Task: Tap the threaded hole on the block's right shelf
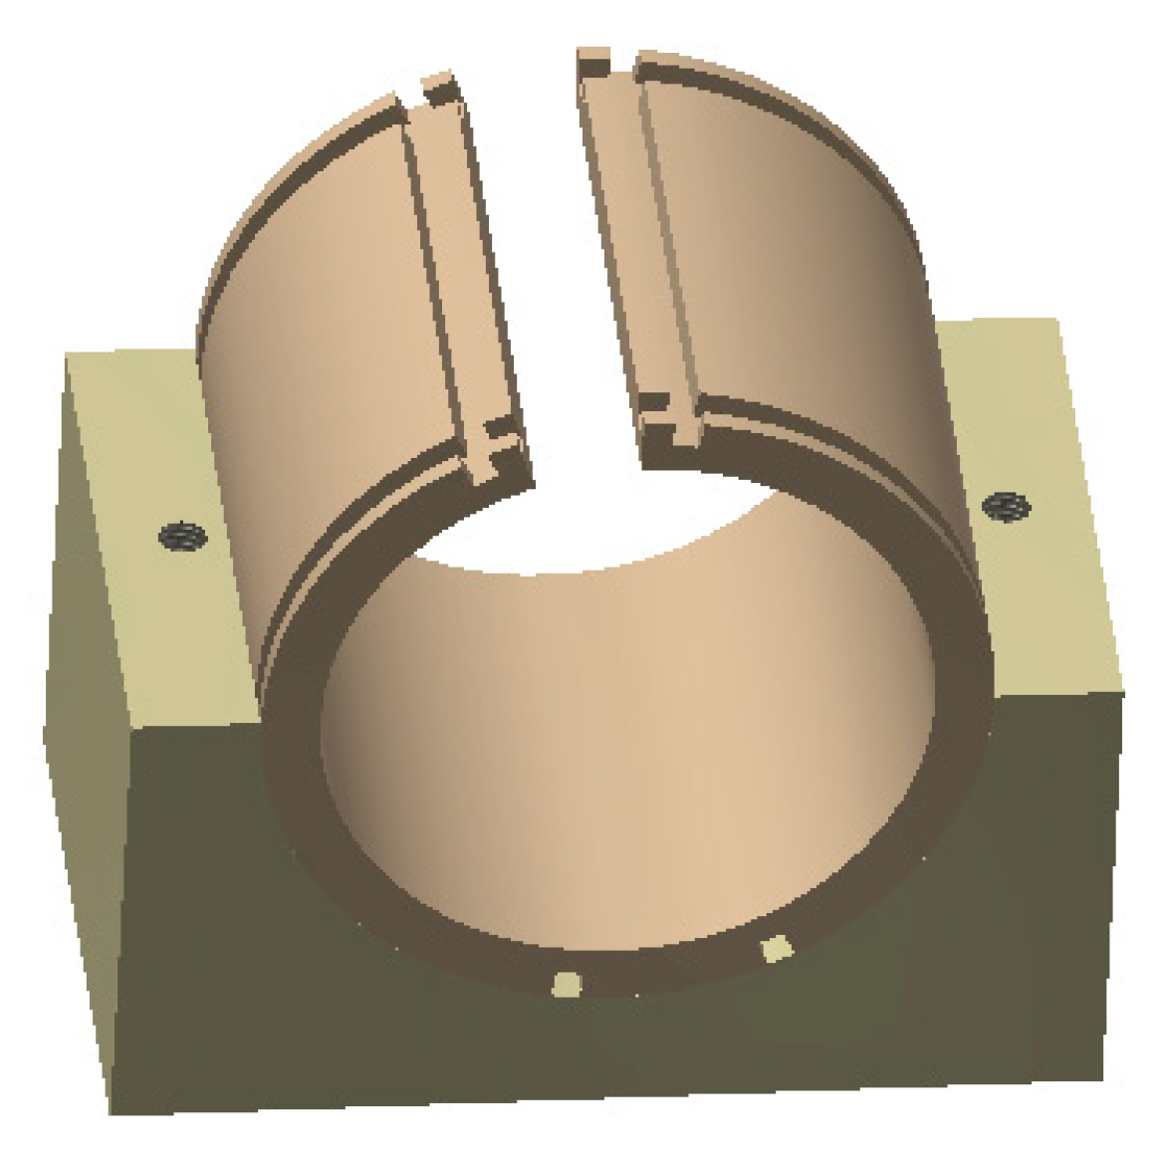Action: [1006, 508]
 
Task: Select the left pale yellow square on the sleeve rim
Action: [567, 984]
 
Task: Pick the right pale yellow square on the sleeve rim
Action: [776, 950]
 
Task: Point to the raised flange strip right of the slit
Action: [637, 249]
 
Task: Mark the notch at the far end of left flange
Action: [438, 90]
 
